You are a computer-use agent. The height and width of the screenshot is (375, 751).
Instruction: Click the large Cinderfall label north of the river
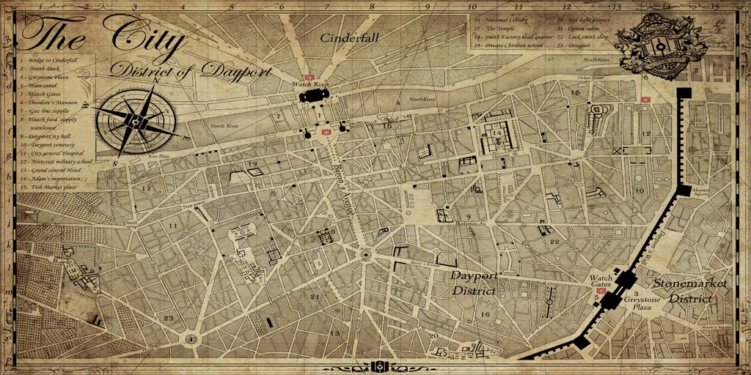click(350, 38)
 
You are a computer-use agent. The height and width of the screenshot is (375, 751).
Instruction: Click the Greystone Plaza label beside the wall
click(642, 303)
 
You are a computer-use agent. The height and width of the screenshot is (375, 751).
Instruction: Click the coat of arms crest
click(659, 45)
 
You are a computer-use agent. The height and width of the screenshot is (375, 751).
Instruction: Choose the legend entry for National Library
click(502, 21)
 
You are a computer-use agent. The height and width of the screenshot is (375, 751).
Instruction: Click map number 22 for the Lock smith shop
click(554, 242)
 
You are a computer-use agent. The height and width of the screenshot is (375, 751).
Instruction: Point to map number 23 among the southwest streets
click(169, 318)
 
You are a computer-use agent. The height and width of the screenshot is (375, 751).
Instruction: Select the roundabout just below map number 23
click(192, 339)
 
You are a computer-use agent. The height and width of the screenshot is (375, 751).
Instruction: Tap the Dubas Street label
click(590, 76)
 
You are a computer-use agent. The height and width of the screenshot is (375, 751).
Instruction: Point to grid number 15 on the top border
click(715, 7)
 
